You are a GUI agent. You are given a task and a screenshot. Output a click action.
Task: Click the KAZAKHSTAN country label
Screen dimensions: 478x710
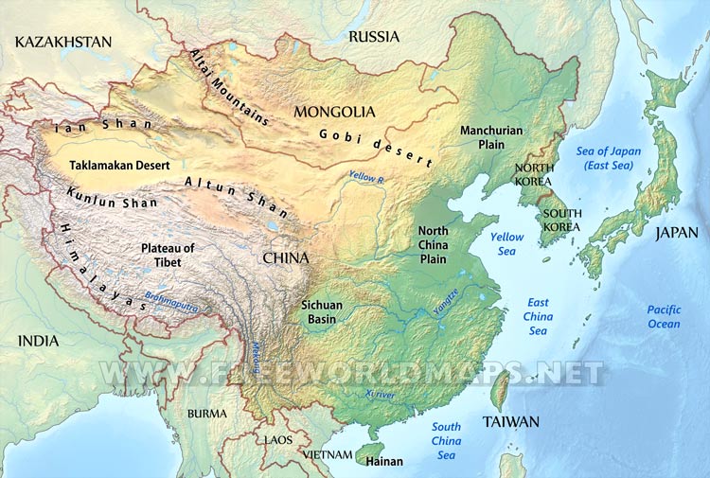(x=63, y=42)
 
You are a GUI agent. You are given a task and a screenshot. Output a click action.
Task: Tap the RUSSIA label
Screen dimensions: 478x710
(x=374, y=37)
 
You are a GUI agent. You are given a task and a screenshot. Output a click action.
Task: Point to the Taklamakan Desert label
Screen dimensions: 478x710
(x=120, y=165)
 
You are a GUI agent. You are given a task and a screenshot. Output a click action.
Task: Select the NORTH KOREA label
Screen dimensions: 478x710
(x=534, y=175)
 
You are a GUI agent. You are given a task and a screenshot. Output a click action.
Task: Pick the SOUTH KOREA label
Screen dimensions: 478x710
(x=562, y=221)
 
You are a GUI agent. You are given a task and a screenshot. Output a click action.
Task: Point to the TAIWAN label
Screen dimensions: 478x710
(x=510, y=422)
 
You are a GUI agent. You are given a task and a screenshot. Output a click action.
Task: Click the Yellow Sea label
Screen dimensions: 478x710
(x=507, y=244)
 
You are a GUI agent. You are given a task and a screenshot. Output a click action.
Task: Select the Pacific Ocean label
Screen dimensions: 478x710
(x=664, y=317)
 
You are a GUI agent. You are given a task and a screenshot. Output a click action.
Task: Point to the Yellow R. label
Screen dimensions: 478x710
(x=366, y=177)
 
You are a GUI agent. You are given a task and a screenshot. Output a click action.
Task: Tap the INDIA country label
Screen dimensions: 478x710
(x=38, y=341)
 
